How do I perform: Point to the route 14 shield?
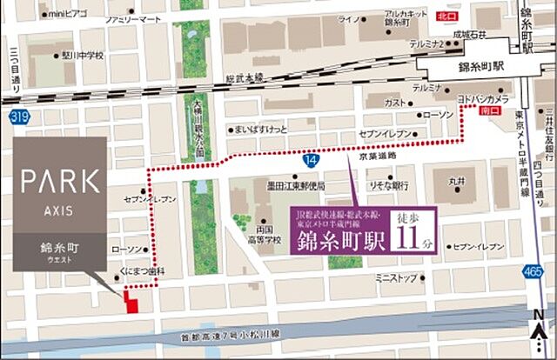[x=311, y=159]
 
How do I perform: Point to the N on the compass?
[x=538, y=314]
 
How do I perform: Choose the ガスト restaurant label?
[x=395, y=102]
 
